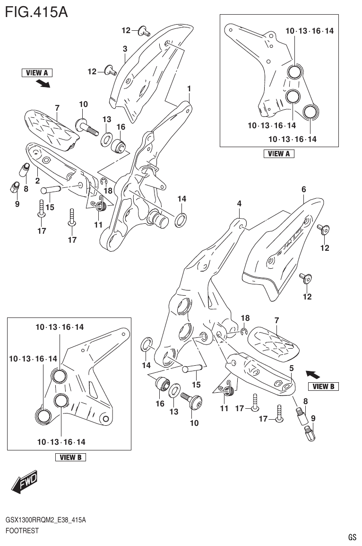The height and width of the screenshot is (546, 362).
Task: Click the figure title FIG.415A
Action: pos(36,11)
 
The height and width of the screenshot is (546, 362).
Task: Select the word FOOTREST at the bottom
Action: pos(22,531)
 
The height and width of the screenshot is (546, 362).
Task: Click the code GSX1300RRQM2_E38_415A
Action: pos(45,520)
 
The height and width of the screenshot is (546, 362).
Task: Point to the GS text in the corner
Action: pos(352,537)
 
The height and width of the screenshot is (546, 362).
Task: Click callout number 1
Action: pos(189,88)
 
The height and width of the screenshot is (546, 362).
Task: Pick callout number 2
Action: pos(37,180)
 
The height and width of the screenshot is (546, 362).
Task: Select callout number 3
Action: pos(125,49)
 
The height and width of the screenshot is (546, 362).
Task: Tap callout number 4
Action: pos(240,203)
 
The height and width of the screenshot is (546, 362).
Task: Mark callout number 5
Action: pos(292,368)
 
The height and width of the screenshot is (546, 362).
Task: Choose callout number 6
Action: pos(304,189)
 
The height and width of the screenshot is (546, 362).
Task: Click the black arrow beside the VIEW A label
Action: pos(43,84)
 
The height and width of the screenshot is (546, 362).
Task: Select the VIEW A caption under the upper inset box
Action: pos(279,153)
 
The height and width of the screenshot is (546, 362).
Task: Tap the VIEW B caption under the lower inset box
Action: pos(70,457)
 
